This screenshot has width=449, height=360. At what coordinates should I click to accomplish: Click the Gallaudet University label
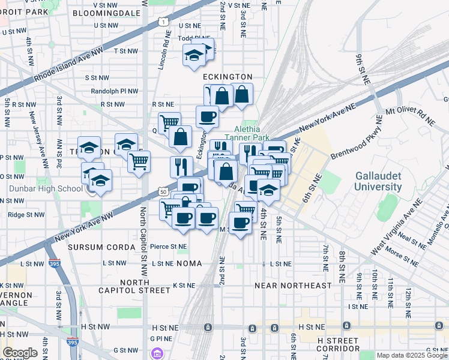coord(378,181)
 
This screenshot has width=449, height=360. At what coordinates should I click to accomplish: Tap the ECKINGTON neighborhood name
coord(228,77)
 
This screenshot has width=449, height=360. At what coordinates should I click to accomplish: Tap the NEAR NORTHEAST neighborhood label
coord(294,286)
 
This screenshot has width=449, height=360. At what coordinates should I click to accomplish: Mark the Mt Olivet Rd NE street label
coord(410,116)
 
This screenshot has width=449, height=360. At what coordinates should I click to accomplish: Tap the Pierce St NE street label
coord(169,246)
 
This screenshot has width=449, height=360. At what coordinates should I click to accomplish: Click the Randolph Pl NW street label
coord(115,91)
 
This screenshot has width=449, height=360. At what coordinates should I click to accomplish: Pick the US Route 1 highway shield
coord(163,22)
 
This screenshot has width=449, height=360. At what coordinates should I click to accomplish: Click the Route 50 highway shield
coord(163,191)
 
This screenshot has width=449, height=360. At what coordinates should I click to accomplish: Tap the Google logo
coord(20,353)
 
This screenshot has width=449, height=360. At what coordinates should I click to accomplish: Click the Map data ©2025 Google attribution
coord(411,355)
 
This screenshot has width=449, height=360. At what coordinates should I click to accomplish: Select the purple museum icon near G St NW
coord(158,353)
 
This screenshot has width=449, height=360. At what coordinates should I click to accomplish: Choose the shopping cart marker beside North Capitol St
coord(139,161)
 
